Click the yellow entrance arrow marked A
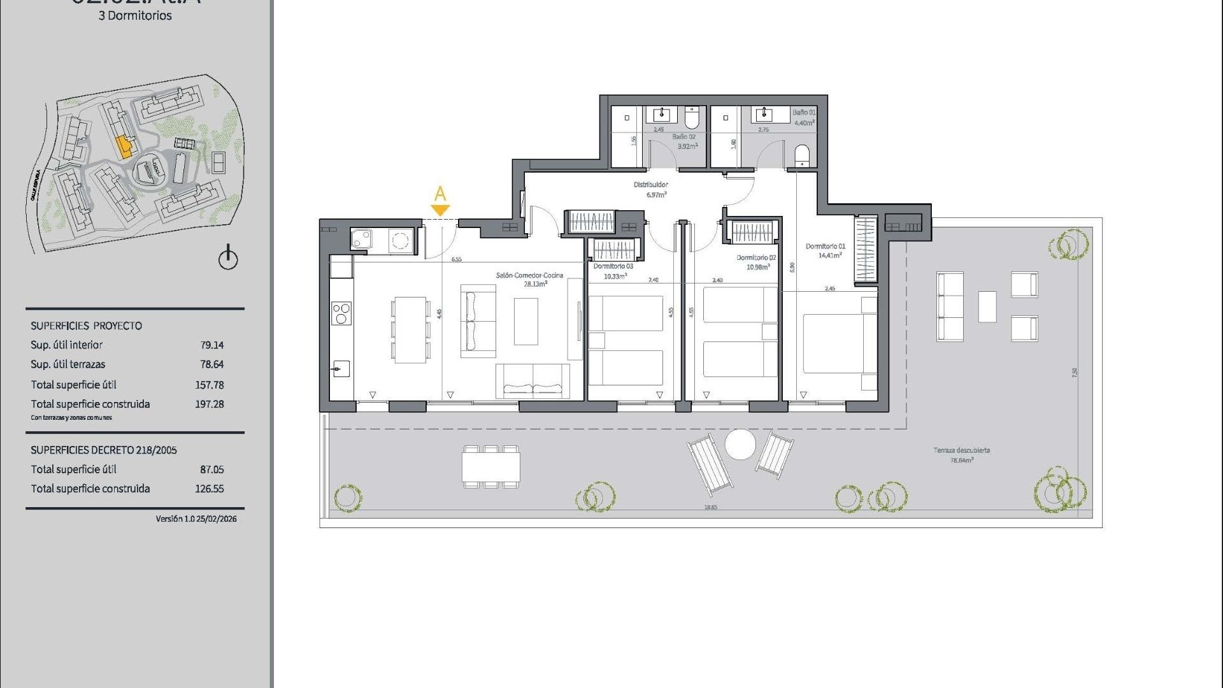[440, 210]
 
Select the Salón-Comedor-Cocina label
[529, 279]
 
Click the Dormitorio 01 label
[826, 250]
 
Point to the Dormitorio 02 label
[756, 262]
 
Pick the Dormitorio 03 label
[613, 271]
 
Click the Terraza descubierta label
[961, 454]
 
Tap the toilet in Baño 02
[692, 118]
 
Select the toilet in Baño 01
[802, 155]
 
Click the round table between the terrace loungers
[740, 444]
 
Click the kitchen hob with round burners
[341, 313]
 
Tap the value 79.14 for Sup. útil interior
[212, 345]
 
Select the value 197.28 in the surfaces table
[210, 404]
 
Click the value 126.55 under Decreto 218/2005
[210, 489]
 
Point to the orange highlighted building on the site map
[124, 147]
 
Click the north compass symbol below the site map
[228, 259]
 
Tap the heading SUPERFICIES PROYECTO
[87, 326]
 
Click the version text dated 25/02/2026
[196, 519]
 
